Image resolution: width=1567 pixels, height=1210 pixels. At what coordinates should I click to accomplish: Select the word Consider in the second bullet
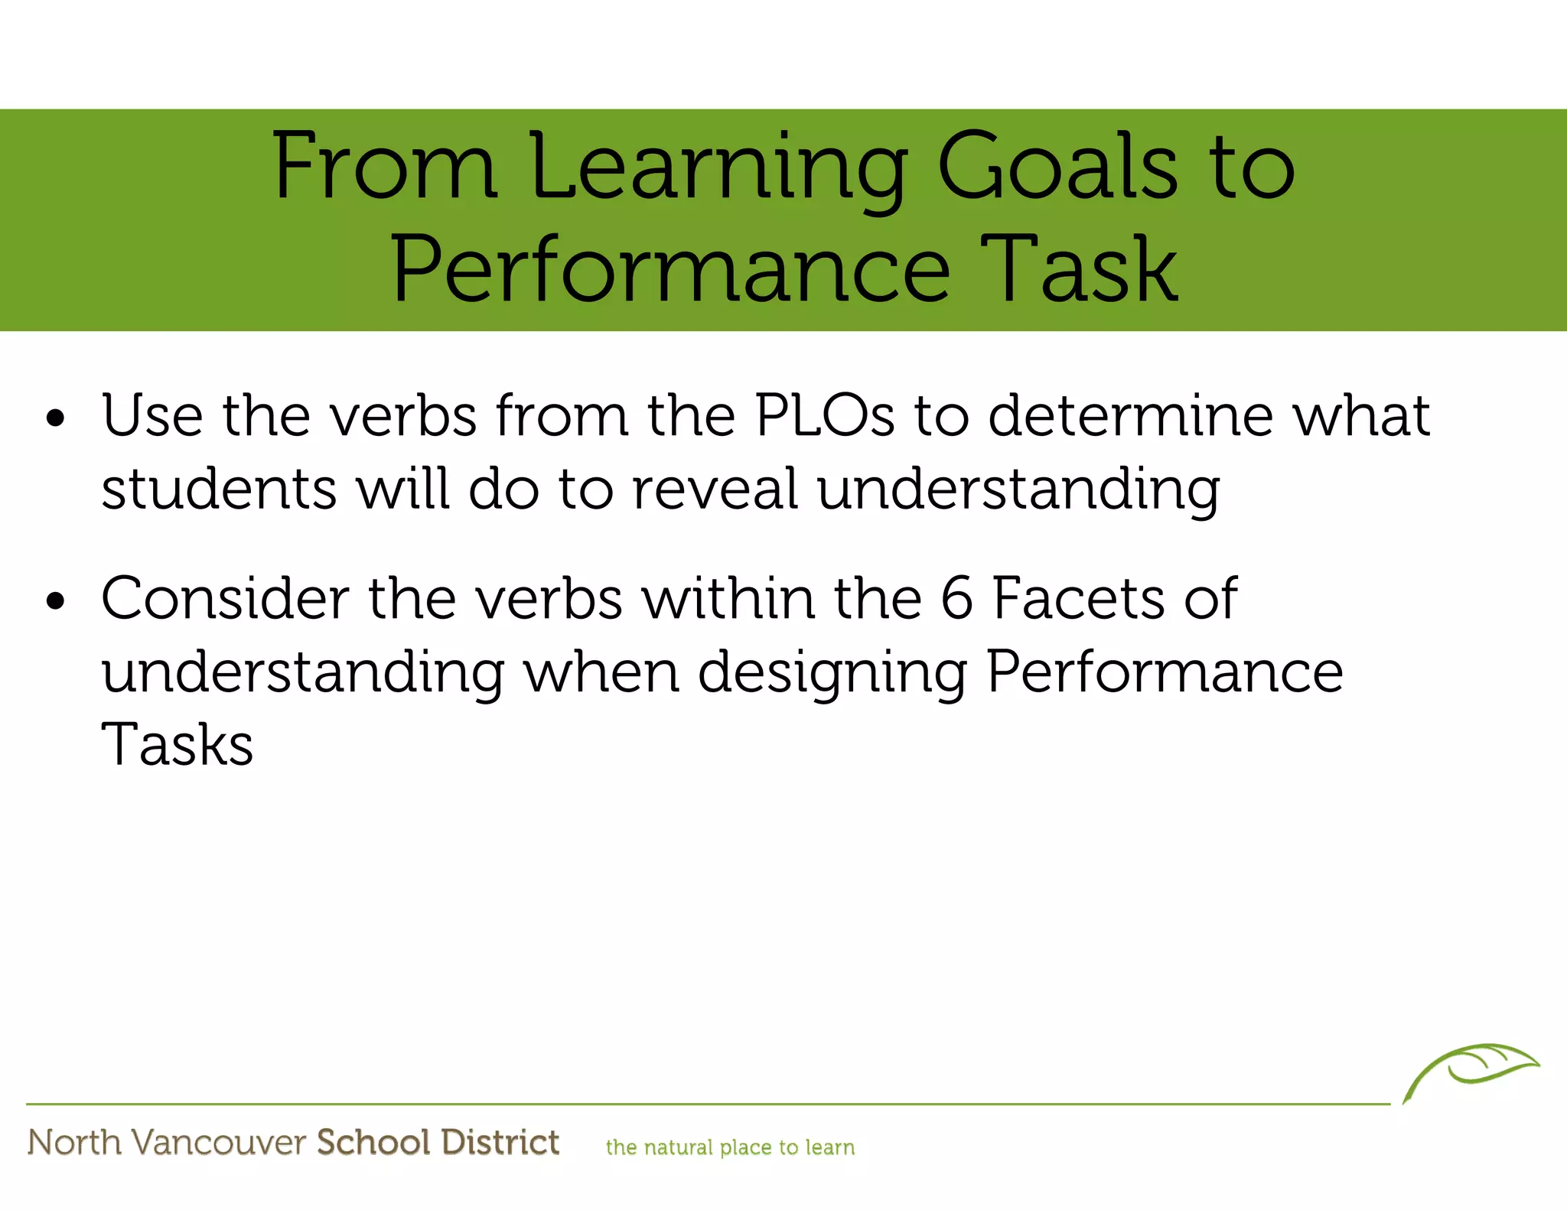click(x=225, y=598)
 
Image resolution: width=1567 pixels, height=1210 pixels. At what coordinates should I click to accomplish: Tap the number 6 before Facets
click(x=956, y=598)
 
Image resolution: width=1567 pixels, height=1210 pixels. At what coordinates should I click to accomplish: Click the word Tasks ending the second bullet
click(x=177, y=745)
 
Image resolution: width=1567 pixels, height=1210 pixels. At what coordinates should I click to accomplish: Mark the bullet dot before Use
click(x=56, y=419)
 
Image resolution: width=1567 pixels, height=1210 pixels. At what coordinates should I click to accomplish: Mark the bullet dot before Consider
click(x=56, y=602)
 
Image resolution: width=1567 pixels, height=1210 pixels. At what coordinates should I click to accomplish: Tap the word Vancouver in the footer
click(x=219, y=1143)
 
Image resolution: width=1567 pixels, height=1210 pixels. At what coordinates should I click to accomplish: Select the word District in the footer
click(x=500, y=1143)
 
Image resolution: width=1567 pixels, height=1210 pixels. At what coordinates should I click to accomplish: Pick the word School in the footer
click(x=373, y=1143)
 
